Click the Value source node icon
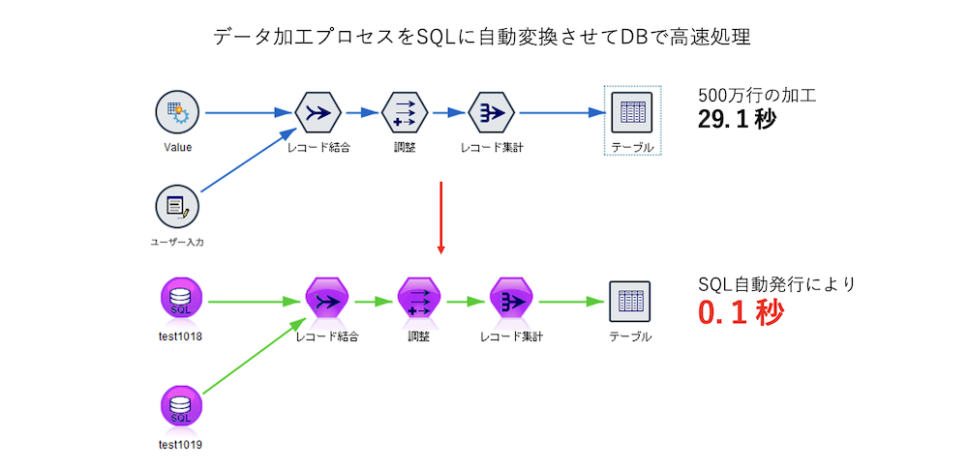[177, 113]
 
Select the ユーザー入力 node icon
[177, 206]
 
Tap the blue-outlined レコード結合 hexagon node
[318, 113]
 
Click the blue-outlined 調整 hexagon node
[405, 113]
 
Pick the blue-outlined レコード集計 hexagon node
[492, 113]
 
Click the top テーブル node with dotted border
[632, 113]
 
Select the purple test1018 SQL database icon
[180, 301]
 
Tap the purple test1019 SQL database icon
[180, 409]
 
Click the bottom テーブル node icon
[629, 301]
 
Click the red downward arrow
[441, 217]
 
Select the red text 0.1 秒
[741, 313]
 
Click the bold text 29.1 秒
[737, 120]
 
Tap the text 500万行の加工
[757, 96]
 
